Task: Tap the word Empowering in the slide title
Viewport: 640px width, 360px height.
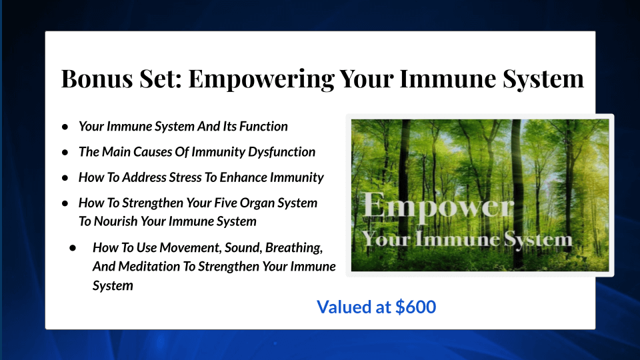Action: pyautogui.click(x=261, y=79)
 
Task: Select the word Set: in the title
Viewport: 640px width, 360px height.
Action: pyautogui.click(x=163, y=79)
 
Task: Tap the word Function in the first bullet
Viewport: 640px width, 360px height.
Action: pyautogui.click(x=265, y=126)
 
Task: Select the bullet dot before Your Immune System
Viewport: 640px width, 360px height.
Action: pyautogui.click(x=65, y=126)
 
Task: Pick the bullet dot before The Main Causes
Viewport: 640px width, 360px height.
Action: pyautogui.click(x=65, y=152)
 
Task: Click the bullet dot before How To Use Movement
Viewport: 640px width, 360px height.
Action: pyautogui.click(x=75, y=247)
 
